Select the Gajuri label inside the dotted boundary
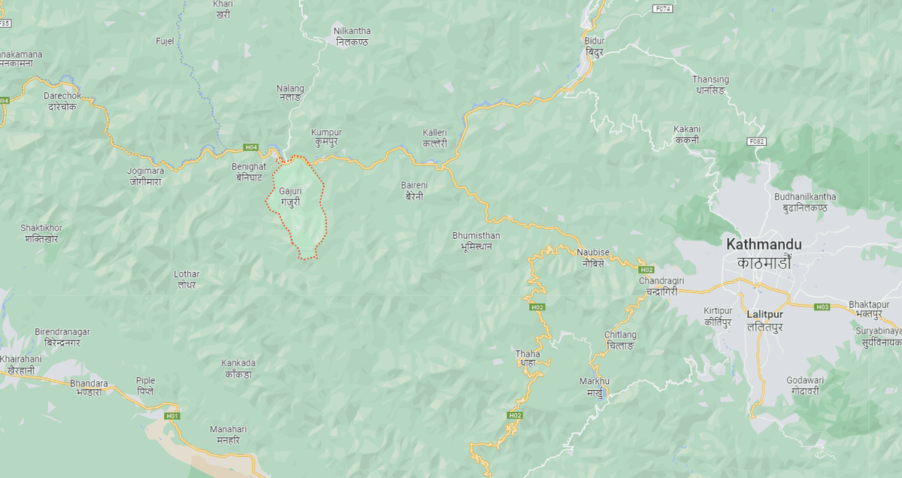coord(290,197)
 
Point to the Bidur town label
coord(595,46)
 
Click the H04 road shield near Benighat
coord(250,147)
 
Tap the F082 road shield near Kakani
coord(755,141)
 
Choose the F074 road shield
coord(661,9)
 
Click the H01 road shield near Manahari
coord(172,416)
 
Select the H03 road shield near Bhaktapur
coord(822,307)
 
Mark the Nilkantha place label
coord(352,36)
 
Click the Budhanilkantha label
coord(805,202)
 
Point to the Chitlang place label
coord(620,340)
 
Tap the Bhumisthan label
coord(476,241)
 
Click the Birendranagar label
coord(62,337)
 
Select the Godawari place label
coord(807,386)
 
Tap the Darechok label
coord(62,101)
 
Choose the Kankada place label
coord(238,368)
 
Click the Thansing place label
coord(710,84)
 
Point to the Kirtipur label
coord(718,316)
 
